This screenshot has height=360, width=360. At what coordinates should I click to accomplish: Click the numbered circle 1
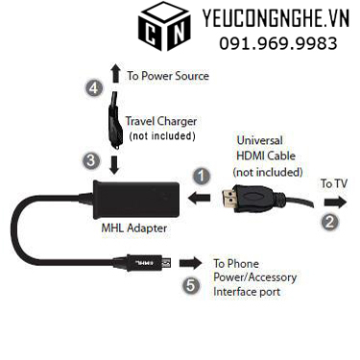point(200,176)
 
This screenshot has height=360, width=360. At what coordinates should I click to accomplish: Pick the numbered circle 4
point(94,88)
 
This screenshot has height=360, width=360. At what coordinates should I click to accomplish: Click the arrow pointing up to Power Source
point(115,73)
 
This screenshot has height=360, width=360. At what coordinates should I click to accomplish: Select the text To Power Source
point(167,75)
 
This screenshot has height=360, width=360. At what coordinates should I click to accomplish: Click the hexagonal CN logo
point(164,29)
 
